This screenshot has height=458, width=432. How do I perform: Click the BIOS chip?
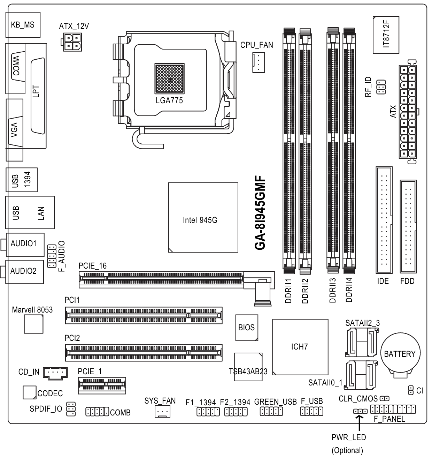[x=247, y=328]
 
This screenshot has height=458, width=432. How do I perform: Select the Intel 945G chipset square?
[x=203, y=217]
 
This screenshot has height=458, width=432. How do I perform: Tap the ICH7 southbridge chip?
[x=300, y=347]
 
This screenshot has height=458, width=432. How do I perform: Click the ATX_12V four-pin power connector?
[x=72, y=42]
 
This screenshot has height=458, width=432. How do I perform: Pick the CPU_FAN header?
[x=259, y=62]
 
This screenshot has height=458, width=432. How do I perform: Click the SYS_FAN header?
[x=162, y=412]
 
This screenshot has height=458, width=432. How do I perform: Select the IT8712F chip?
[x=386, y=35]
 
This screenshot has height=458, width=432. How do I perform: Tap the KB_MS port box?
[x=23, y=25]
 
